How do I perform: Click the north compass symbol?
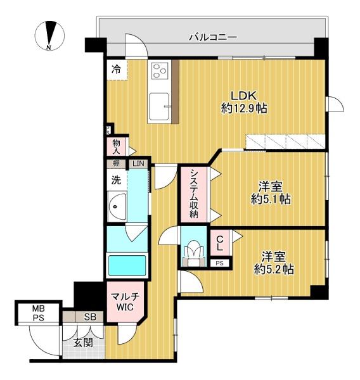(49, 35)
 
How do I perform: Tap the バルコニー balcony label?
(213, 37)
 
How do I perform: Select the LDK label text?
(243, 96)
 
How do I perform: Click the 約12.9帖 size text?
(244, 108)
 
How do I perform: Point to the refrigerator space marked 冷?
(117, 70)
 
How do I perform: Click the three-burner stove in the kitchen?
(160, 70)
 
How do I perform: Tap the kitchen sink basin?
(159, 106)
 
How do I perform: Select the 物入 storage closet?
(117, 147)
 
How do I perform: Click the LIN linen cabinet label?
(138, 163)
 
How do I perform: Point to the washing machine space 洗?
(116, 180)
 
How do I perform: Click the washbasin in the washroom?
(117, 206)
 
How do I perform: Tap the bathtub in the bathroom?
(127, 265)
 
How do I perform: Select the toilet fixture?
(195, 253)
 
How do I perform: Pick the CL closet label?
(220, 243)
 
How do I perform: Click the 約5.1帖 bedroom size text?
(271, 199)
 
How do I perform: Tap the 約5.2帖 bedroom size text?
(274, 269)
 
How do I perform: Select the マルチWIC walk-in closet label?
(125, 301)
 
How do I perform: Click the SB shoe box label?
(90, 317)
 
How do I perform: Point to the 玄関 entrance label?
(83, 343)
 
